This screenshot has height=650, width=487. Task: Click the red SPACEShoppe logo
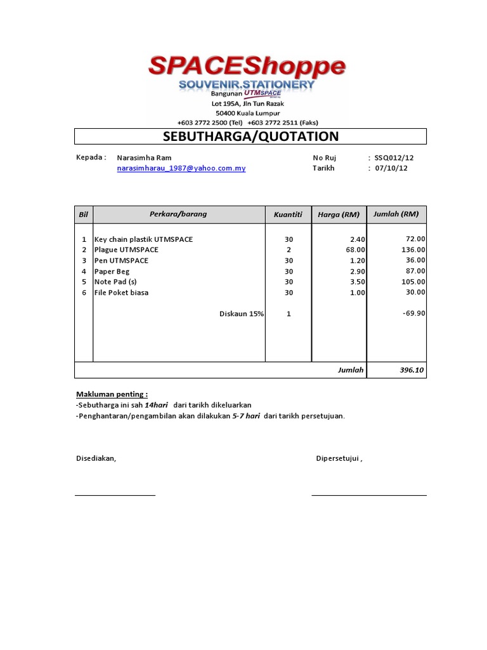point(247,66)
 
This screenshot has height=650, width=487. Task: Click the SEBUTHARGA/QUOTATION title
point(250,136)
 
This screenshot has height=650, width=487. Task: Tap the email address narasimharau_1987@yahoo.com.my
point(181,168)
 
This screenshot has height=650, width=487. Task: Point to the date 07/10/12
point(392,168)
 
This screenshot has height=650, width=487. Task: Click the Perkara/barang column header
point(178,214)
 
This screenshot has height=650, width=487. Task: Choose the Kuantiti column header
point(288,215)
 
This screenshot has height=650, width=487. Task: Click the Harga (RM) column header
point(339,215)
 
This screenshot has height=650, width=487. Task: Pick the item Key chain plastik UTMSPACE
point(143,239)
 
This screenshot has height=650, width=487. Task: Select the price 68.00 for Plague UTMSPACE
point(355,250)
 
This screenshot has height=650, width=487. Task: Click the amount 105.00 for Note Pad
point(413,282)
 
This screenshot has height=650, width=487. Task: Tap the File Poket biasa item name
point(121,293)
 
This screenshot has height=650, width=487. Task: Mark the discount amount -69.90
point(413,314)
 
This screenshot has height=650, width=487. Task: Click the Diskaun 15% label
point(241,314)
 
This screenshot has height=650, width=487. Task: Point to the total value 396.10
point(412,370)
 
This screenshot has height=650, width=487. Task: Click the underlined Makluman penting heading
point(112,394)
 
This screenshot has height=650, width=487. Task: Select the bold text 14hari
point(156,405)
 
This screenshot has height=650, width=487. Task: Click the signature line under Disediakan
point(115,494)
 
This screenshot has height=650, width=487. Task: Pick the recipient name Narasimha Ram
point(144,157)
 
